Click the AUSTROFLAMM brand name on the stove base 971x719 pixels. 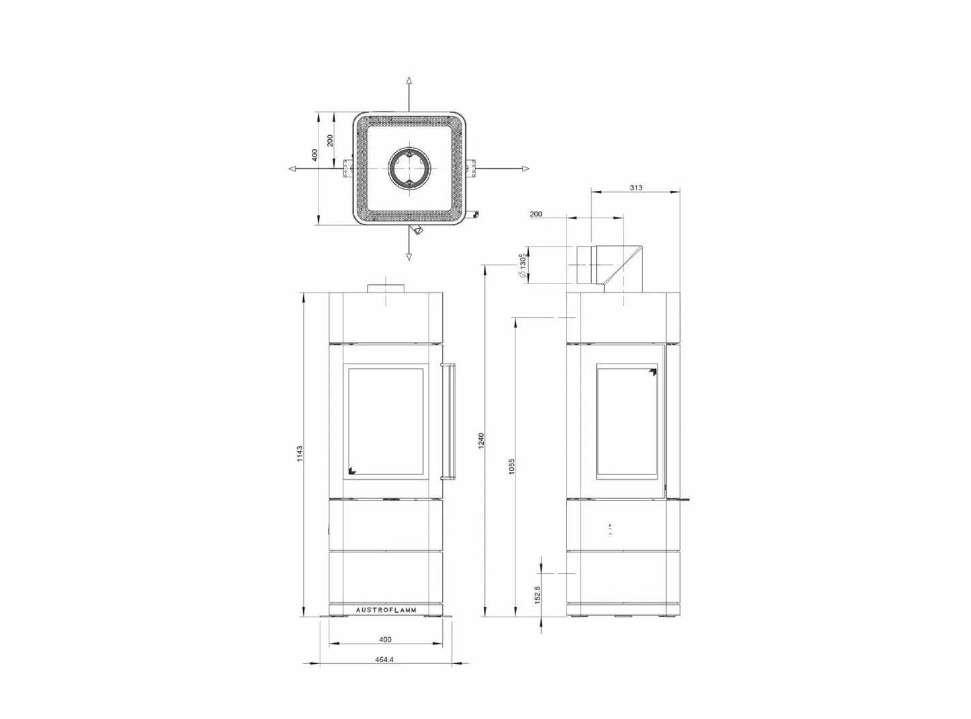pyautogui.click(x=386, y=610)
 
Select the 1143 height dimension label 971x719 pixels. pyautogui.click(x=300, y=454)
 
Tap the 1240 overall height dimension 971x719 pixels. pyautogui.click(x=481, y=441)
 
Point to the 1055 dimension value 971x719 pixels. pyautogui.click(x=511, y=466)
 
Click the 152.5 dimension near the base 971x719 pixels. pyautogui.click(x=537, y=595)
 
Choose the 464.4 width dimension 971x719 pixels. pyautogui.click(x=384, y=659)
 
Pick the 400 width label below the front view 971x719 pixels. pyautogui.click(x=385, y=639)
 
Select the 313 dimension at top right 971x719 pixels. pyautogui.click(x=636, y=187)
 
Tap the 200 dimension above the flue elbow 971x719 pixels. pyautogui.click(x=536, y=214)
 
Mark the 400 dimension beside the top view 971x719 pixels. pyautogui.click(x=314, y=155)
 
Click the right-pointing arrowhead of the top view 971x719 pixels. pyautogui.click(x=525, y=168)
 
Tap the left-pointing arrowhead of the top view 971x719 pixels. pyautogui.click(x=293, y=168)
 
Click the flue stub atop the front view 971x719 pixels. pyautogui.click(x=386, y=288)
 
